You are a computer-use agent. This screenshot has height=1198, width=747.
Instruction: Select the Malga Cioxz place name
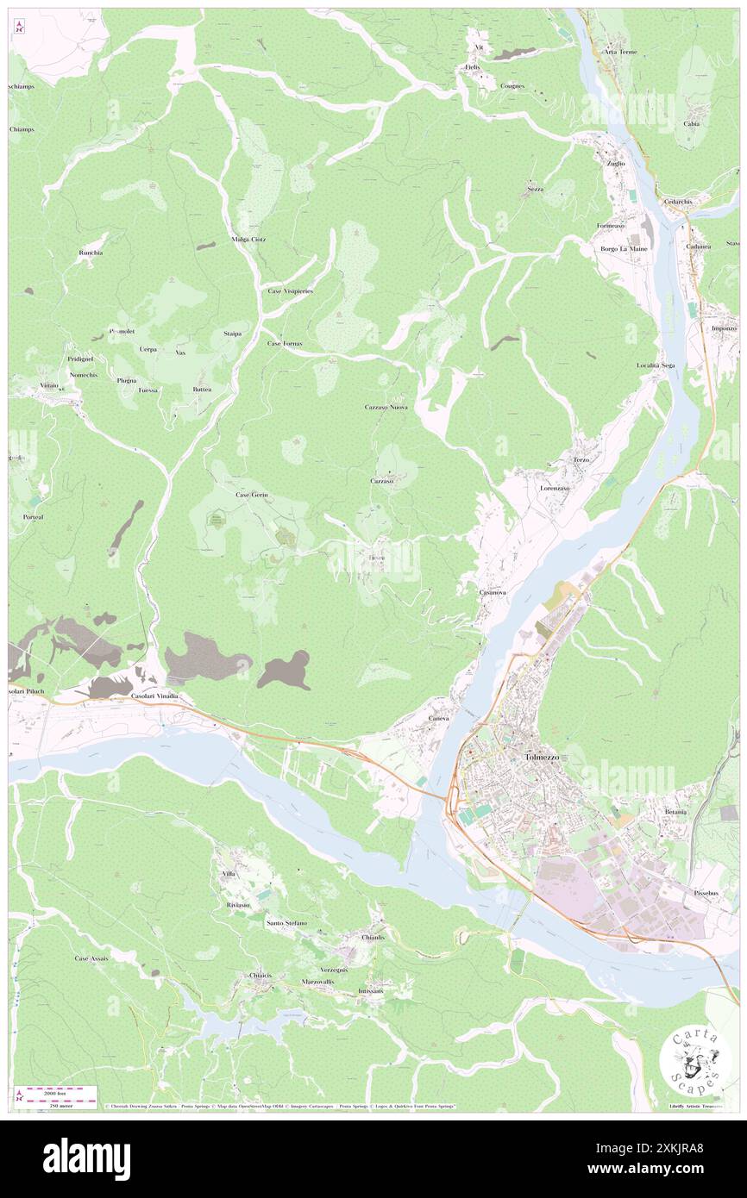click(x=248, y=239)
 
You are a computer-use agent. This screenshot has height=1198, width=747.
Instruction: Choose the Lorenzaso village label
click(x=556, y=488)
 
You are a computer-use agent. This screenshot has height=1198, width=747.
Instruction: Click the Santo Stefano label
click(x=286, y=923)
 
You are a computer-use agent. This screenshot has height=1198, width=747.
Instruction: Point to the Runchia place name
click(x=91, y=253)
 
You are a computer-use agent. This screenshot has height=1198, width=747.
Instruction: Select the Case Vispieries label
click(x=290, y=291)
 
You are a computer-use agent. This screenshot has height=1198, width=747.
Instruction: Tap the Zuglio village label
click(x=616, y=163)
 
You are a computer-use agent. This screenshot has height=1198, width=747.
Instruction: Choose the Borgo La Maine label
click(x=624, y=249)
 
